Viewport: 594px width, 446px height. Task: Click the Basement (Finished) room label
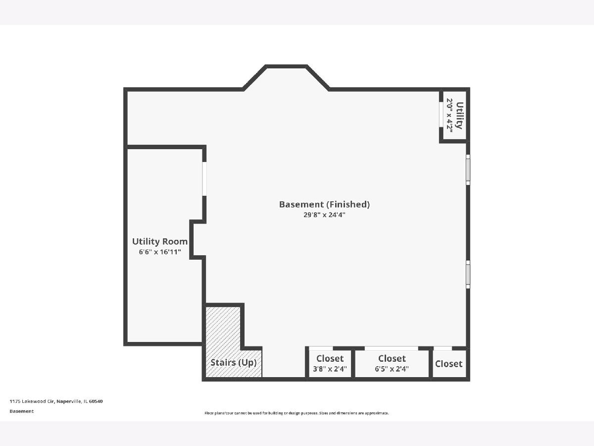point(324,205)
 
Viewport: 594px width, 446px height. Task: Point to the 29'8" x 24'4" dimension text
point(324,215)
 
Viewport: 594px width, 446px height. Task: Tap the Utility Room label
point(160,241)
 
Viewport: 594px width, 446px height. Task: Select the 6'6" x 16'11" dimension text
point(160,252)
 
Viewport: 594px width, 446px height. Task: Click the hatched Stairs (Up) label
point(233,363)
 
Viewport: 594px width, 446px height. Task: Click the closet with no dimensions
point(448,364)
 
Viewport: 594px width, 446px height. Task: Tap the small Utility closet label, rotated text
point(460,115)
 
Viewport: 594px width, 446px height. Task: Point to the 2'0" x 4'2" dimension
point(449,115)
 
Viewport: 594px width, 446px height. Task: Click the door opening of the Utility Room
point(204,179)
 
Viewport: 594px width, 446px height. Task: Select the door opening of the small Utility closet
point(441,114)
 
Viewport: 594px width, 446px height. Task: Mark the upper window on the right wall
point(468,170)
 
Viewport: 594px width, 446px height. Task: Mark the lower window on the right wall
point(468,275)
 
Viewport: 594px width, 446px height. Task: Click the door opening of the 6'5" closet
point(392,348)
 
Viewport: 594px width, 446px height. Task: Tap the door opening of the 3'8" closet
point(321,348)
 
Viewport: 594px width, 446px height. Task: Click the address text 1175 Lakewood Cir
point(32,401)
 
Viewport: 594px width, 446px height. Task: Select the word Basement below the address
point(22,411)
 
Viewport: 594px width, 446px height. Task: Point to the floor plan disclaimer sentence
point(297,413)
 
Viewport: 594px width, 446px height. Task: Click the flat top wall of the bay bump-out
point(286,66)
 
